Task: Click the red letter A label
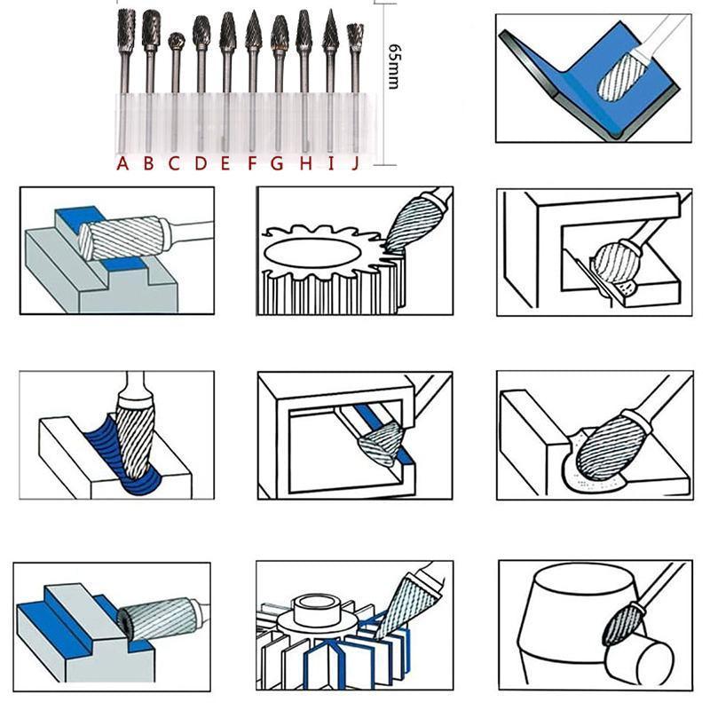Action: pos(123,163)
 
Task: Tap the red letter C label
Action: pos(175,163)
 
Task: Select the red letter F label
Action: pos(253,163)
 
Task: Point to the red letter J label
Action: pos(355,163)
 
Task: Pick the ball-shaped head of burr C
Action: pos(177,41)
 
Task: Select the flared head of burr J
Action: pos(355,36)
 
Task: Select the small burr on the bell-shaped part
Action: pos(621,622)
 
